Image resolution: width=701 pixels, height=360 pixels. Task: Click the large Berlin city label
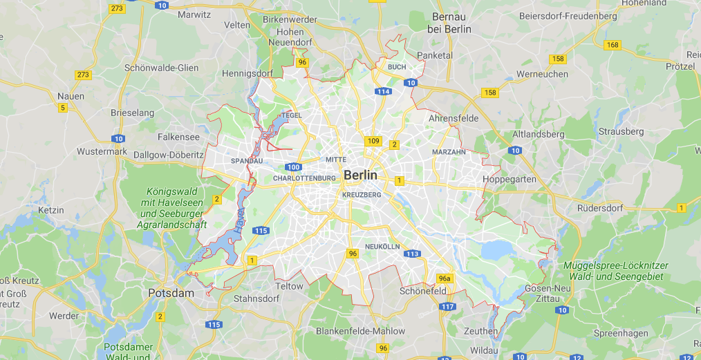(360, 175)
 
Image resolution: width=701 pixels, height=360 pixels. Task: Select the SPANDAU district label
(247, 160)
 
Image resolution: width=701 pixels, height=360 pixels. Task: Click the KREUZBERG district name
(361, 195)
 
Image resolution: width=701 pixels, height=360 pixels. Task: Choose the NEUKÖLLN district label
(382, 246)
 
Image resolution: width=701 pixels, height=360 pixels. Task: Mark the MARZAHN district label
(449, 151)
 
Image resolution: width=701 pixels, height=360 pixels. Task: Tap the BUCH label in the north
(397, 67)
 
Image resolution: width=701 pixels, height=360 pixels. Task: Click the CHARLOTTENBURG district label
(304, 178)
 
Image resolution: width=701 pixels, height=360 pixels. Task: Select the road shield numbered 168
(612, 45)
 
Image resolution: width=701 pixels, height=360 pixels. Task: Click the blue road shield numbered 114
(383, 91)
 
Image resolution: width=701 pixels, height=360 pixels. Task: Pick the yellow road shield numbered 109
(373, 141)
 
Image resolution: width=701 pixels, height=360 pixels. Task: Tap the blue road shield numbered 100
(293, 167)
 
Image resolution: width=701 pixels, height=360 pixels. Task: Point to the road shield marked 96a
(445, 278)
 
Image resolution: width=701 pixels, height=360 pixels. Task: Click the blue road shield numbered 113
(412, 254)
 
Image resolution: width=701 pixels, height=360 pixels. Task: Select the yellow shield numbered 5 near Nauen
(62, 107)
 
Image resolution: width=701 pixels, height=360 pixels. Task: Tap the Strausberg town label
(621, 131)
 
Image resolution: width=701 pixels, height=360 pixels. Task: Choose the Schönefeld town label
(423, 292)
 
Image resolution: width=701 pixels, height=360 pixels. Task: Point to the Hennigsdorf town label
(247, 73)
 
